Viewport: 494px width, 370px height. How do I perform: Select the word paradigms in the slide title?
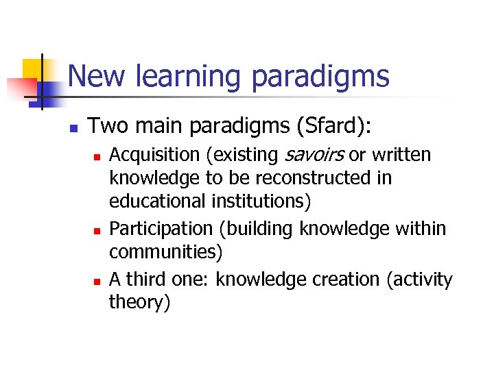(320, 76)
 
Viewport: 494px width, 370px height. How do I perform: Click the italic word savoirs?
(311, 156)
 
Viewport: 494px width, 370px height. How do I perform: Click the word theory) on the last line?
(139, 302)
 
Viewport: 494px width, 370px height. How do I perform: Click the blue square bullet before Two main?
(73, 127)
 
